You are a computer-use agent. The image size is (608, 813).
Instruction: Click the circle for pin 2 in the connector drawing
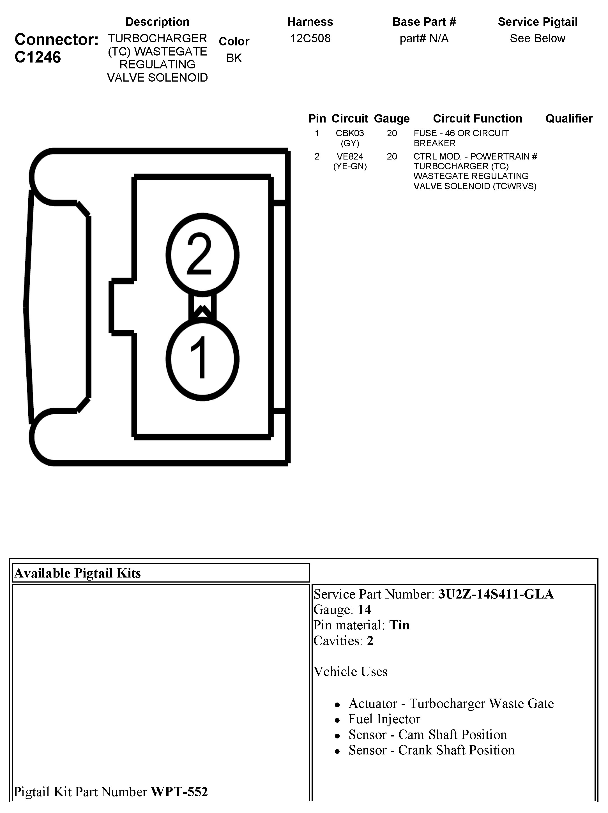click(202, 254)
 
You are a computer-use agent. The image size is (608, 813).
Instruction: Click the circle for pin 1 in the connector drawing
click(202, 359)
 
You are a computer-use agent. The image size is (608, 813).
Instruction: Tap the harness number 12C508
click(310, 38)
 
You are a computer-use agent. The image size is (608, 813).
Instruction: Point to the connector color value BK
click(234, 58)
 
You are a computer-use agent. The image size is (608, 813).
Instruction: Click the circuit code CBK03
click(350, 133)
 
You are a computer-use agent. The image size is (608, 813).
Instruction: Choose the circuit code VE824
click(350, 156)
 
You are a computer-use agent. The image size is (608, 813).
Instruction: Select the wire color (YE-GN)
click(350, 167)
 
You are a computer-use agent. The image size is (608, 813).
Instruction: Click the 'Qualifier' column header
click(569, 118)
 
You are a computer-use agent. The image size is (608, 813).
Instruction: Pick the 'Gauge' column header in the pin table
click(391, 118)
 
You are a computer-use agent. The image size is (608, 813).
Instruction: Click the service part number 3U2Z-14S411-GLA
click(496, 594)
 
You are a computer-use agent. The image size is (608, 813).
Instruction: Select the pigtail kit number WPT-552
click(179, 791)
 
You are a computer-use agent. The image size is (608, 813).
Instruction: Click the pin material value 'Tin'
click(399, 625)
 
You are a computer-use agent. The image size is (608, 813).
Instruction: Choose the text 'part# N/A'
click(424, 38)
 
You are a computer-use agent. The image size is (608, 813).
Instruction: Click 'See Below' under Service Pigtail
click(537, 38)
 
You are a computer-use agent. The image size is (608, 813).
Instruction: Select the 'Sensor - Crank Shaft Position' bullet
click(431, 750)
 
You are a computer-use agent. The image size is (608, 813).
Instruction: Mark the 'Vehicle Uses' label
click(350, 671)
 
